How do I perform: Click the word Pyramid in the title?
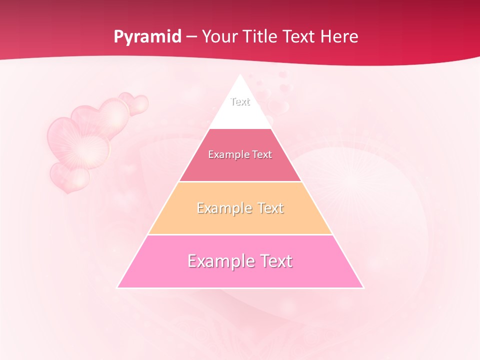coord(147,37)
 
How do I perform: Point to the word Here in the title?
coord(339,37)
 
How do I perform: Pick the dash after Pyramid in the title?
coord(191,37)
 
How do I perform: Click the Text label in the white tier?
coord(240,101)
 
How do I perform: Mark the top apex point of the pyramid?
coord(240,75)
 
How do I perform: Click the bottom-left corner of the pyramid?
coord(117,287)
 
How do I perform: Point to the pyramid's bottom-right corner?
coord(363,287)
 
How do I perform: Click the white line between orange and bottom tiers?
coord(240,234)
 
